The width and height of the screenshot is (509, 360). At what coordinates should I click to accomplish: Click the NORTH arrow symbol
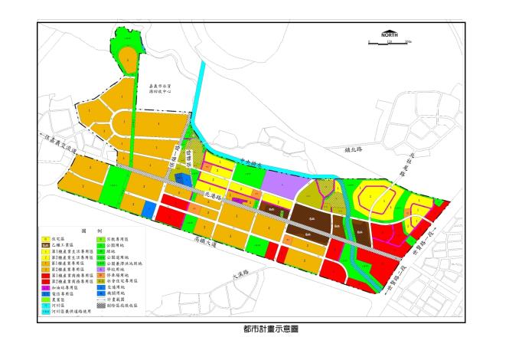point(389,34)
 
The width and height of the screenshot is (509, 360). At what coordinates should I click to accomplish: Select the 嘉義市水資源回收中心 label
point(160,90)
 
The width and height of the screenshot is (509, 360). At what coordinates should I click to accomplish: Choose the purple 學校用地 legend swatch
point(102,270)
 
